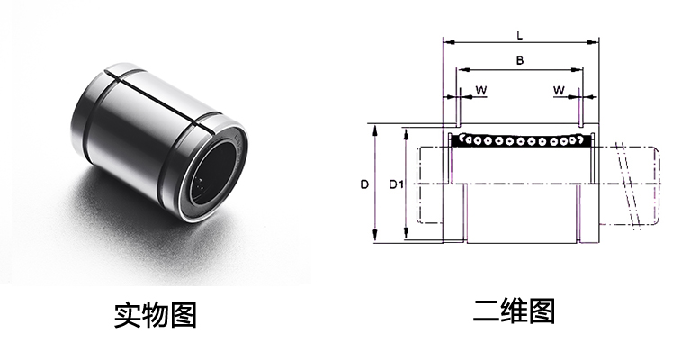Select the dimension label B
(520, 60)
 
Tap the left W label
(481, 91)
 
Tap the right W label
(559, 91)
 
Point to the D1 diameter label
(394, 185)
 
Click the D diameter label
(363, 185)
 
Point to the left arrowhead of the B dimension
(460, 69)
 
